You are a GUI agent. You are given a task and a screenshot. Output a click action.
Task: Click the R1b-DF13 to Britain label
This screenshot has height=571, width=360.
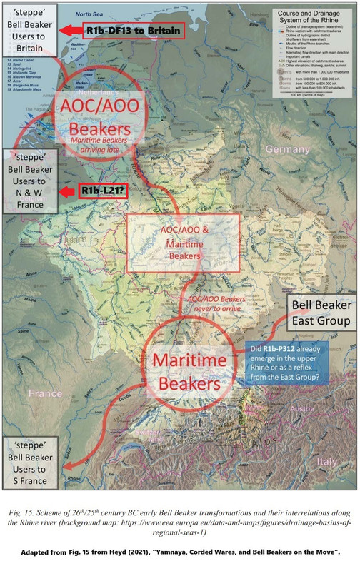point(132,30)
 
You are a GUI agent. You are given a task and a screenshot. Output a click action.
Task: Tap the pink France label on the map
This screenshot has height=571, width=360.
point(44,392)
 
